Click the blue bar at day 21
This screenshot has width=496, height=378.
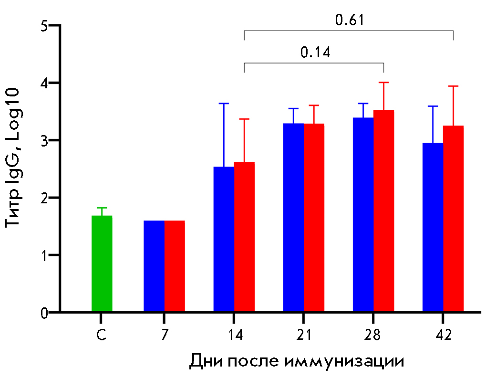293,218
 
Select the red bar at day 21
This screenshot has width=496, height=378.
314,218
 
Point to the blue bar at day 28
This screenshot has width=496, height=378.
363,215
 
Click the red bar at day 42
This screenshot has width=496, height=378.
454,219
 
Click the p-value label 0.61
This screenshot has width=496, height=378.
350,20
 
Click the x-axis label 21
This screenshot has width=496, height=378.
303,335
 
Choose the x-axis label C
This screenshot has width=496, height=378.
101,335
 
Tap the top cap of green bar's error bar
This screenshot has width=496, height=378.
102,208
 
